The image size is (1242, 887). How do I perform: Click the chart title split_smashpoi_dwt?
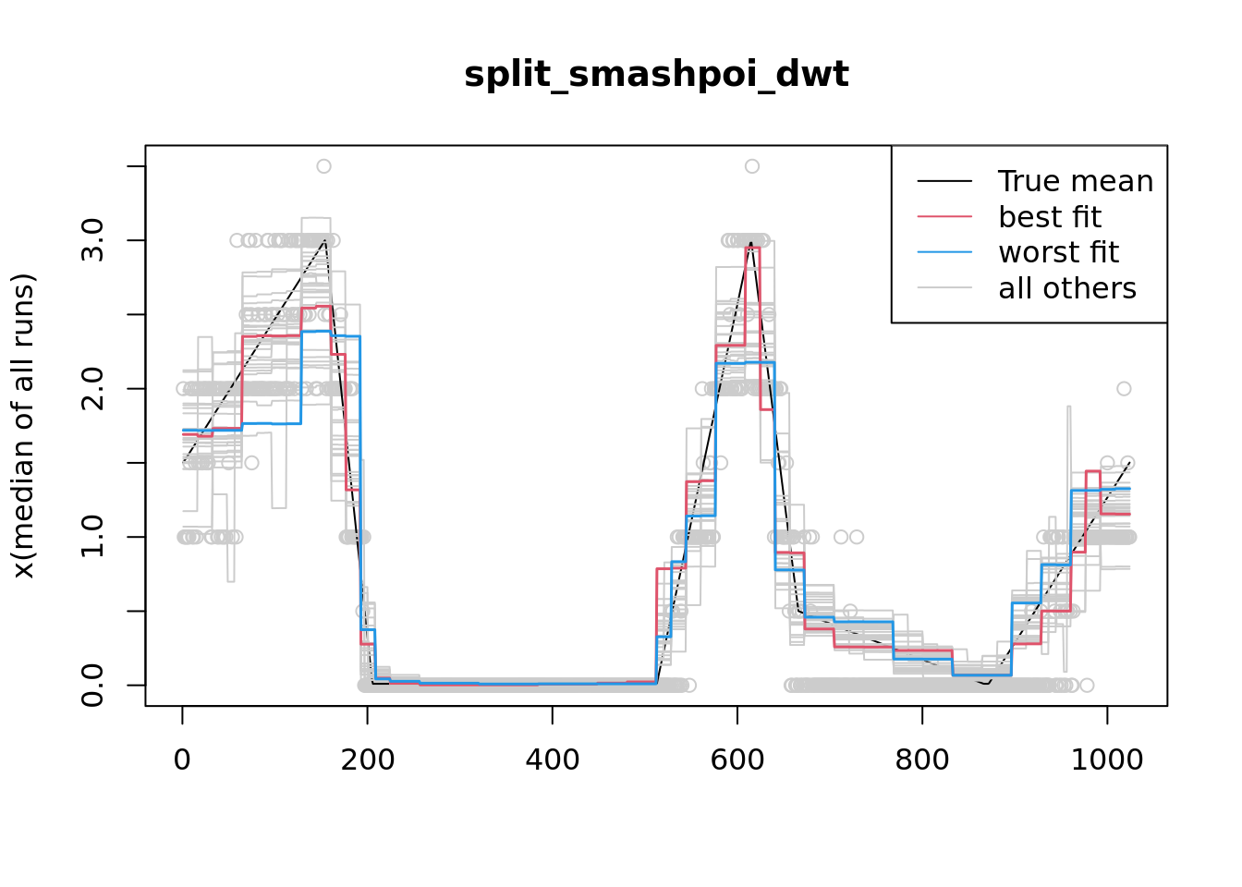656,74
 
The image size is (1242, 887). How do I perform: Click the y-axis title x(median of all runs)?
23,425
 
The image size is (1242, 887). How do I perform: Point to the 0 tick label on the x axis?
182,759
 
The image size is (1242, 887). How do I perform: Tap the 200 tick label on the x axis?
368,759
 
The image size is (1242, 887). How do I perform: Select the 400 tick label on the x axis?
553,759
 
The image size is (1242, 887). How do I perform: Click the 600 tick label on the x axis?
737,759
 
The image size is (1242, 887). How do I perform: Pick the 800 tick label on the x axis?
922,759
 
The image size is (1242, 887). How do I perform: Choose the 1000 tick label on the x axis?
1107,759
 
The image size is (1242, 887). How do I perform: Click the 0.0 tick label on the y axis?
92,685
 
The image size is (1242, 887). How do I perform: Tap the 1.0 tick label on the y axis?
92,537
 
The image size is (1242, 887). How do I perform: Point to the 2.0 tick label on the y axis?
92,389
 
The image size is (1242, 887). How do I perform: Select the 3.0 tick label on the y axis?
92,240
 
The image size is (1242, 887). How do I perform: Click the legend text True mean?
1076,181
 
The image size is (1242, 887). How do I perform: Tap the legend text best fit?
1050,217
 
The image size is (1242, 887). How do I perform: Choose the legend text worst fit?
1059,252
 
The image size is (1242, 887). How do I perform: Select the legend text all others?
1067,288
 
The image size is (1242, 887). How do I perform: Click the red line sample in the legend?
944,217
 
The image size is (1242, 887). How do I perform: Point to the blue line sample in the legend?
944,252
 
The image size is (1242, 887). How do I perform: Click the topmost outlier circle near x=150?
323,166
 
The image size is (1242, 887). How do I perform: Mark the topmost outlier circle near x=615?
752,166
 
